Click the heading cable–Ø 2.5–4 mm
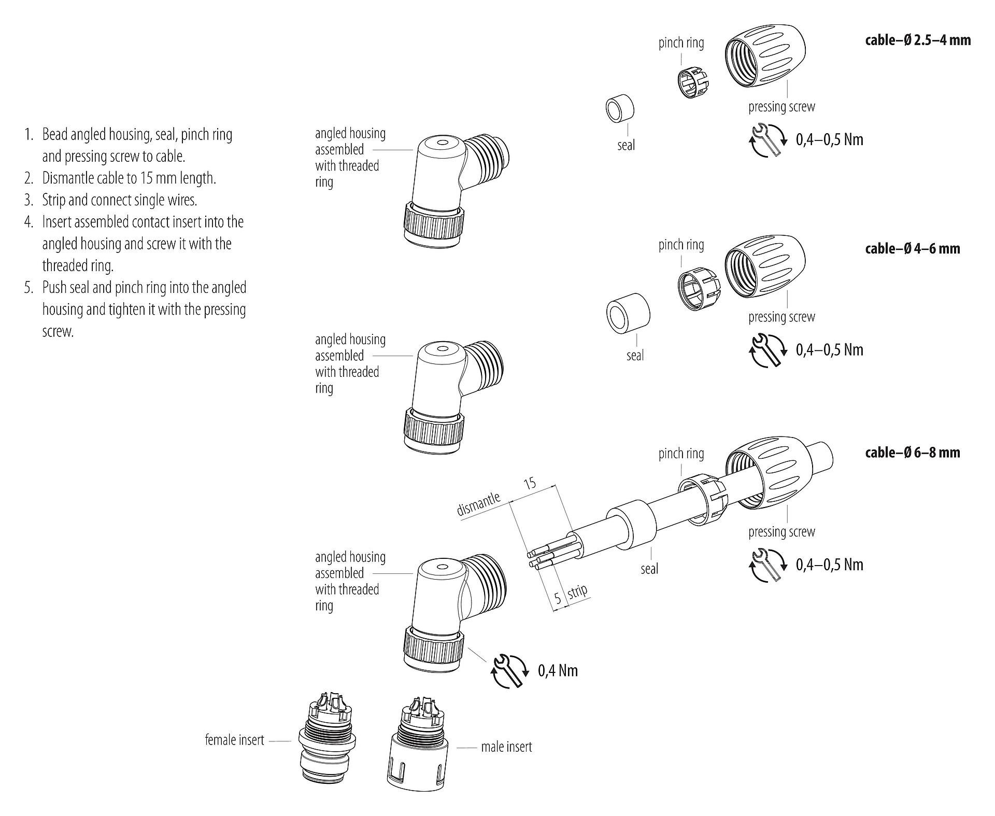point(918,40)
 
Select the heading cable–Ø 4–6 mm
point(912,249)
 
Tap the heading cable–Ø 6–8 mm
point(912,453)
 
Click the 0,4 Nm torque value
point(558,671)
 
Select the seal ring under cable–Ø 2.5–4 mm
point(620,109)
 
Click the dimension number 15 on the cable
point(530,484)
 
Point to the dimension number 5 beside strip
point(558,598)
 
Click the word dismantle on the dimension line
point(478,504)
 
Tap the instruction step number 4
point(28,222)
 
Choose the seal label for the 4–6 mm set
point(635,356)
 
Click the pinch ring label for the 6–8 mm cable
point(681,454)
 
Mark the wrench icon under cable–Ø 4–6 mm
point(767,350)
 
